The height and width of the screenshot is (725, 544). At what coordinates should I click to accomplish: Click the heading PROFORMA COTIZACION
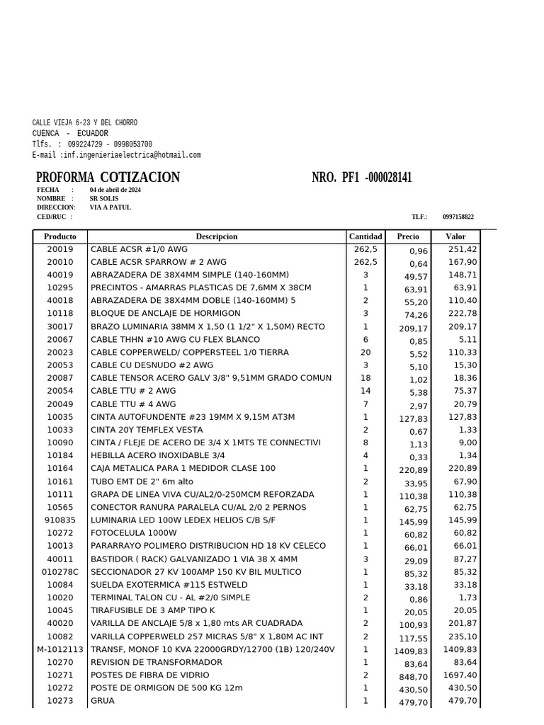(108, 178)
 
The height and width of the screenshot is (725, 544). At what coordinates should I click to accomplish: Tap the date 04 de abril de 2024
(115, 190)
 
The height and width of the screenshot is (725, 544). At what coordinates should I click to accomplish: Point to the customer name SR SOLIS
(104, 199)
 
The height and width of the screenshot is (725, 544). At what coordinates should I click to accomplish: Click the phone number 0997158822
(458, 217)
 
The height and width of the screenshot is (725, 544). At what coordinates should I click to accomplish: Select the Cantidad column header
(365, 236)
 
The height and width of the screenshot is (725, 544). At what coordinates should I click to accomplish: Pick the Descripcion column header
(217, 236)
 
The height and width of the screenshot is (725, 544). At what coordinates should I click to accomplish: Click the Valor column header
(455, 236)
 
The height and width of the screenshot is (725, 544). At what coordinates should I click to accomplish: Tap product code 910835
(60, 520)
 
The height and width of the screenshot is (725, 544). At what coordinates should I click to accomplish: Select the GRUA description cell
(103, 701)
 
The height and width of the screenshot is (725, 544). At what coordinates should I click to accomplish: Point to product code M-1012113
(60, 649)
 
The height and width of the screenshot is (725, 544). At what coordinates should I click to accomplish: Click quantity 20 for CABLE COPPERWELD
(365, 353)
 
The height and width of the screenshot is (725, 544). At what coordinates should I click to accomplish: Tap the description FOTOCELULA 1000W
(134, 533)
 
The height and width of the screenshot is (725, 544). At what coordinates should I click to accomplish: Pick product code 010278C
(60, 572)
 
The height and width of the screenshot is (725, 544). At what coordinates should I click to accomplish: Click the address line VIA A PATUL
(110, 207)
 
